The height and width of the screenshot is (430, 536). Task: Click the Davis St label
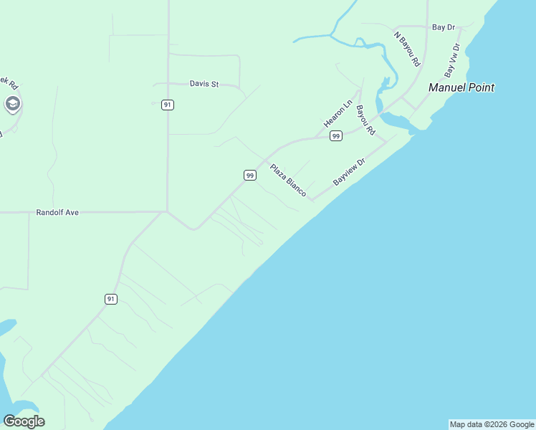click(x=204, y=84)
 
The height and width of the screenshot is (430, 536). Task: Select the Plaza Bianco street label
click(x=288, y=181)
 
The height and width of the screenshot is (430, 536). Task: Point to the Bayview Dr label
click(x=349, y=172)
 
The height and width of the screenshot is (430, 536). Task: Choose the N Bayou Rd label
click(x=406, y=48)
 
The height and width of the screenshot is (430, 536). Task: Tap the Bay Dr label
click(x=444, y=27)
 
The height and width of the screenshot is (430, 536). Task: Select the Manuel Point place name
click(x=461, y=87)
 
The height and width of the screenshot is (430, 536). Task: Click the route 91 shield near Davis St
click(x=167, y=105)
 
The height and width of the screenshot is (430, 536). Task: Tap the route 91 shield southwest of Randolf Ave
click(x=110, y=299)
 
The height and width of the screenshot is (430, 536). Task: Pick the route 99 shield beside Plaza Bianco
click(x=249, y=175)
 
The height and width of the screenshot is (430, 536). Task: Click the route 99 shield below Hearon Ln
click(x=335, y=135)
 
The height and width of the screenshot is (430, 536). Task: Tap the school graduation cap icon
click(x=12, y=105)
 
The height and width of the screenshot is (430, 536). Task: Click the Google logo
click(x=24, y=421)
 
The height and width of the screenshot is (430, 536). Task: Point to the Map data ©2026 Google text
click(x=492, y=424)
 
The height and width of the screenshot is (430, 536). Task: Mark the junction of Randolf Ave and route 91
click(x=167, y=211)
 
